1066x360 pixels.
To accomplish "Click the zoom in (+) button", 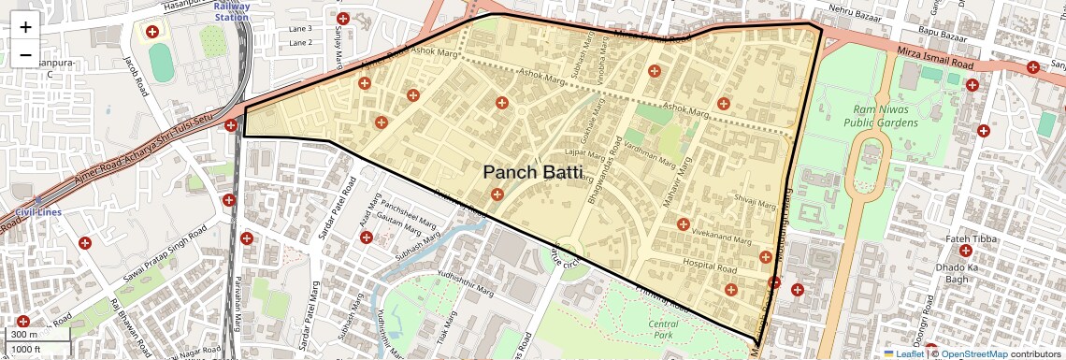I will (x=25, y=27).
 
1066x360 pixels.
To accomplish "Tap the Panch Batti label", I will (x=532, y=172).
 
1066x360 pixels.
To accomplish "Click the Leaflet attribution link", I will (x=904, y=353).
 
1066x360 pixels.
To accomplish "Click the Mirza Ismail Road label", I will (x=936, y=63).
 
